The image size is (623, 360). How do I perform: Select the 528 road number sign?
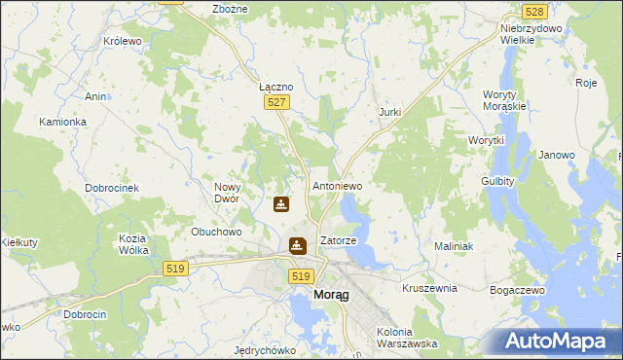[x=533, y=11]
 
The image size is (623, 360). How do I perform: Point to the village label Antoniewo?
[x=337, y=185]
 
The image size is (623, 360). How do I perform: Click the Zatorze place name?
[x=339, y=240]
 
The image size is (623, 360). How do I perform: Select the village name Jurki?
[x=389, y=113]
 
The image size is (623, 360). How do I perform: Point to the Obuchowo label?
[x=216, y=232]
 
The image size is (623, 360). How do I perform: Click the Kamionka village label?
[x=63, y=122]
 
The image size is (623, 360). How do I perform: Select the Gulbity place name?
[x=497, y=181]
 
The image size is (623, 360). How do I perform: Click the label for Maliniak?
[x=454, y=247]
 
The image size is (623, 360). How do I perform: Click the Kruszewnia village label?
[x=429, y=289]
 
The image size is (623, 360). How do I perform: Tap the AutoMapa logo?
[x=556, y=341]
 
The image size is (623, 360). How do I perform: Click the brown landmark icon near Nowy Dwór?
[x=281, y=204]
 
